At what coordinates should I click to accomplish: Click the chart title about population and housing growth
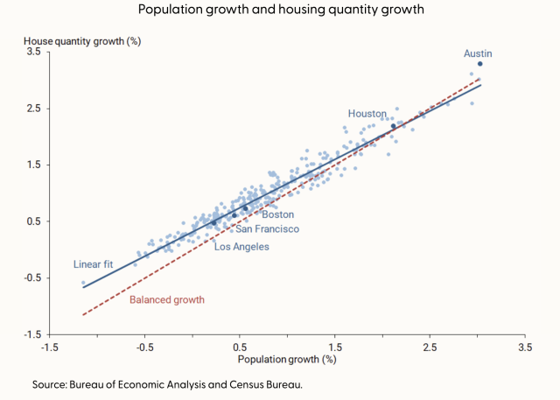pos(280,11)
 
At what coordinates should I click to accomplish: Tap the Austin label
pos(478,53)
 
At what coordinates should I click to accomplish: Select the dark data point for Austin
pos(480,64)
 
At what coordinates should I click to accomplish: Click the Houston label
pos(367,114)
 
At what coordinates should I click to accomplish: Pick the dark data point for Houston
pos(393,126)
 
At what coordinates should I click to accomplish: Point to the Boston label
pos(278,214)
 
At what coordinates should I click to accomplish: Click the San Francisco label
pos(267,229)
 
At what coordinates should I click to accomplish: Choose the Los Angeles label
pos(241,247)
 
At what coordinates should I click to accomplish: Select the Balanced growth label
pos(167,300)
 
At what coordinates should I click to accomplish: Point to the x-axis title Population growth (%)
pos(286,359)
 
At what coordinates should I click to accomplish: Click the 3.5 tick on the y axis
pos(34,53)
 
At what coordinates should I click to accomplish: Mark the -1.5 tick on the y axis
pos(32,334)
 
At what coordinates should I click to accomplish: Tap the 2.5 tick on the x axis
pos(429,347)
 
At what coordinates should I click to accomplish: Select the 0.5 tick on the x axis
pos(240,347)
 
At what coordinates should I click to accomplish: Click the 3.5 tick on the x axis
pos(524,347)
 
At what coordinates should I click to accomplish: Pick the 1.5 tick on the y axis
pos(34,165)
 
